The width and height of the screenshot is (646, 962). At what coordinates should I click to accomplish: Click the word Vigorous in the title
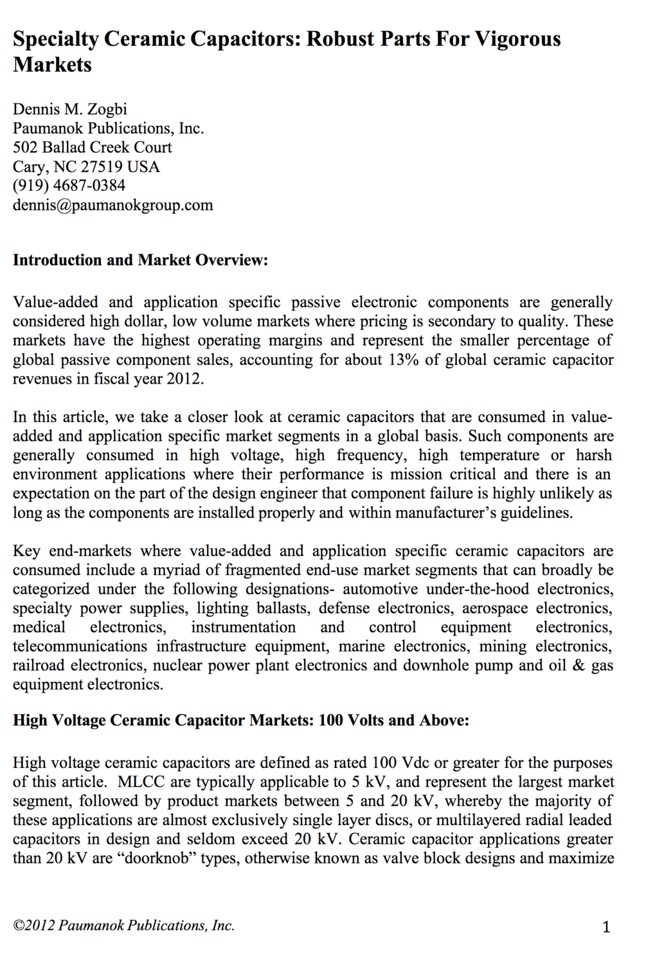click(x=518, y=39)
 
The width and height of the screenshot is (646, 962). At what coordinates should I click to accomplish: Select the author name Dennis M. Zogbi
click(x=70, y=109)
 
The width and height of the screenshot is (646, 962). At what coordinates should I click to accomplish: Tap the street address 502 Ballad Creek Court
click(x=93, y=147)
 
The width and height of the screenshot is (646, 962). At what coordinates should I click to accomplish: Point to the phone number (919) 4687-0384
click(x=69, y=186)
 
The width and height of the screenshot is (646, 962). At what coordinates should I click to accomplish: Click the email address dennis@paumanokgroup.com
click(x=113, y=205)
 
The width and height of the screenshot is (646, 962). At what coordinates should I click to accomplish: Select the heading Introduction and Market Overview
click(x=140, y=260)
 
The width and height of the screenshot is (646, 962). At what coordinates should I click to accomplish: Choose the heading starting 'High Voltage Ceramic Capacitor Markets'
click(x=241, y=720)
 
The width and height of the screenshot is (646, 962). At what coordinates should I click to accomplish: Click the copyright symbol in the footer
click(x=19, y=926)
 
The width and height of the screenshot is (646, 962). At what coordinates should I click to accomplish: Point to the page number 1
click(x=606, y=927)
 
